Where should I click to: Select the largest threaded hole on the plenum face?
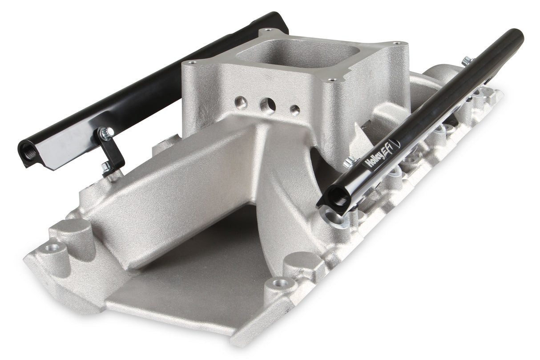[x=267, y=106]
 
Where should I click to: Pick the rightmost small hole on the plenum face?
[x=294, y=110]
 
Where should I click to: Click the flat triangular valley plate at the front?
[x=187, y=285]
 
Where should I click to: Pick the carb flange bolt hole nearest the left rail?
[x=192, y=62]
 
